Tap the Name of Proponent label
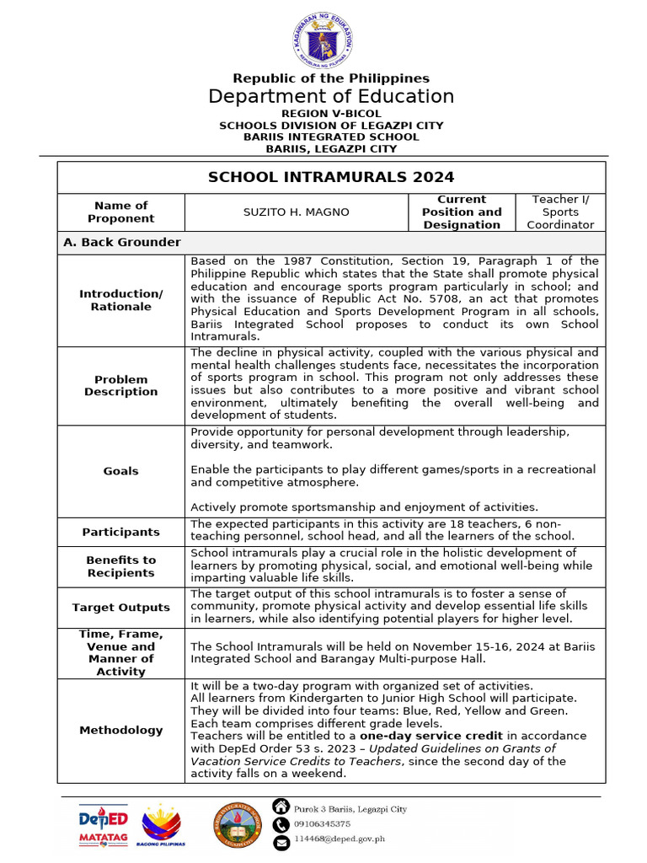(x=120, y=212)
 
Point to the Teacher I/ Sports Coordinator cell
(x=560, y=212)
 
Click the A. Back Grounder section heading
(x=122, y=243)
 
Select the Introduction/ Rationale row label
(x=120, y=300)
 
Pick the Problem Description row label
(x=120, y=386)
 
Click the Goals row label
(x=120, y=471)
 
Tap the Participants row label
(x=120, y=532)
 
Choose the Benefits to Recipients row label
(x=120, y=566)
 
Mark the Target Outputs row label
(x=120, y=607)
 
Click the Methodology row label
(x=120, y=730)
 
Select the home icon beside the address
(x=281, y=807)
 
